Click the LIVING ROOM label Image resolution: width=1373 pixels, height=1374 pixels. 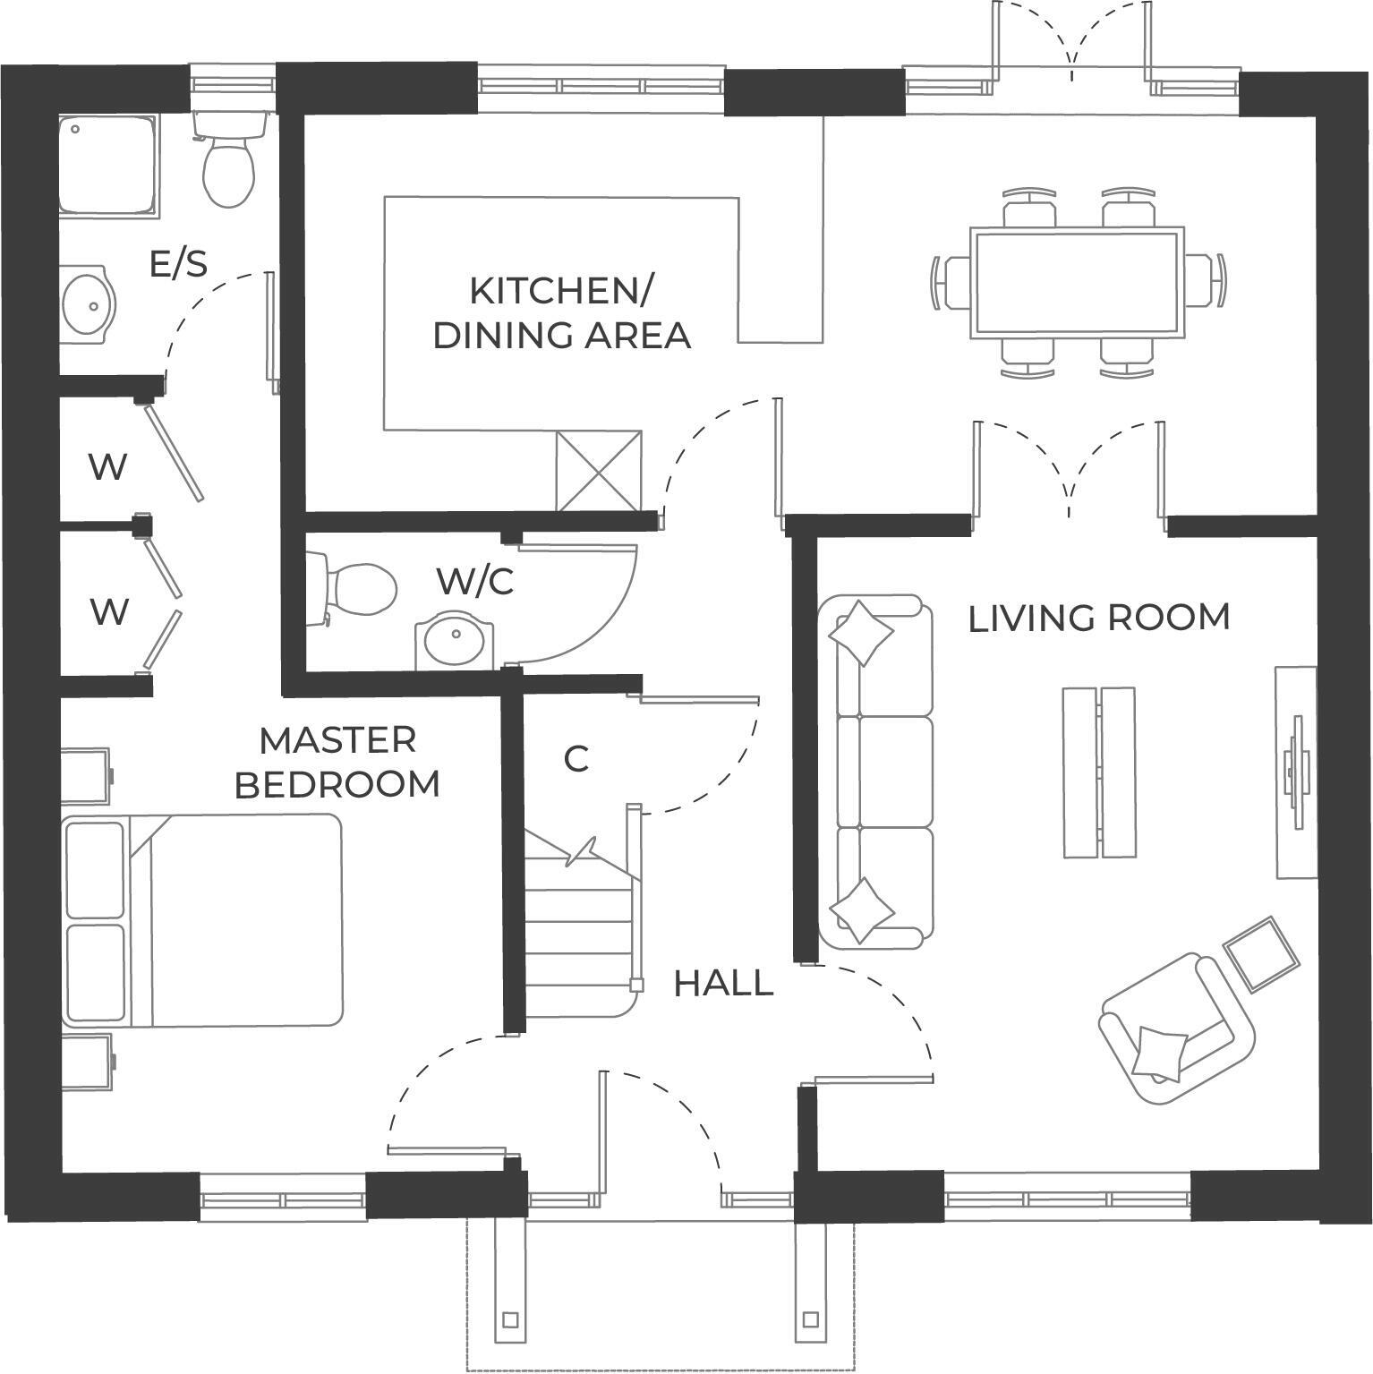[1098, 618]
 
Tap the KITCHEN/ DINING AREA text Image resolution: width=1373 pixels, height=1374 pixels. [561, 312]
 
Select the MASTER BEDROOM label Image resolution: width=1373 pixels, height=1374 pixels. [337, 762]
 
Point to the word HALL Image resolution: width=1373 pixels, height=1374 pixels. [723, 983]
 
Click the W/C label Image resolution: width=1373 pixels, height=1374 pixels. [474, 581]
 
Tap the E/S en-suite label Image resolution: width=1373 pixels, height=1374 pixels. [178, 265]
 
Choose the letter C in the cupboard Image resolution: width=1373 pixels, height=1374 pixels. [576, 759]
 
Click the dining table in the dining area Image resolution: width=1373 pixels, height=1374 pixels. [1078, 282]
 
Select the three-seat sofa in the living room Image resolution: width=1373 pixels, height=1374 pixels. [876, 772]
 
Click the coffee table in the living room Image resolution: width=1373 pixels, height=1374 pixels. [1099, 772]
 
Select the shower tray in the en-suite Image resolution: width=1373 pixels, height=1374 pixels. [108, 166]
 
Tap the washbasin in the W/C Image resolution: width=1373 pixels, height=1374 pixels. [454, 639]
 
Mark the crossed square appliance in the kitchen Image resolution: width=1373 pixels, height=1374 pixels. [599, 471]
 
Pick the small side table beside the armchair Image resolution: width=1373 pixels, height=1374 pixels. [1261, 953]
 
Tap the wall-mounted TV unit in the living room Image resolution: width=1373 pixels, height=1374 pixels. [1295, 772]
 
